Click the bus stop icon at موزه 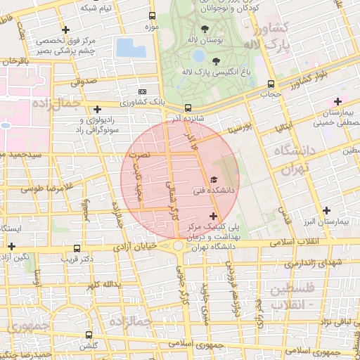pyautogui.click(x=153, y=15)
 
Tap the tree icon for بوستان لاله pyautogui.click(x=205, y=29)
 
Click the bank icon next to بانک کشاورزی pyautogui.click(x=143, y=91)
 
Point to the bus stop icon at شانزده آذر pyautogui.click(x=188, y=108)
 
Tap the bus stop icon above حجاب pyautogui.click(x=271, y=84)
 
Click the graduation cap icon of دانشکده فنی pyautogui.click(x=214, y=181)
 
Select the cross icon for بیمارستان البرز pyautogui.click(x=326, y=210)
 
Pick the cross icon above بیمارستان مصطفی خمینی pyautogui.click(x=338, y=102)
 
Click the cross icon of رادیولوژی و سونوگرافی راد pyautogui.click(x=97, y=109)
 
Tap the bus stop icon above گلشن pyautogui.click(x=89, y=335)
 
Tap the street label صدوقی pyautogui.click(x=82, y=82)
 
